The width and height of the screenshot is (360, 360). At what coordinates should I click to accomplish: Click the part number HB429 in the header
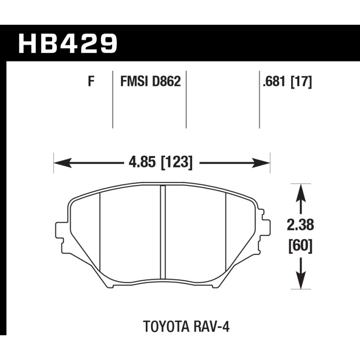click(x=67, y=43)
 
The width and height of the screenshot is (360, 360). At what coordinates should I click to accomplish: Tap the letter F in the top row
click(x=91, y=82)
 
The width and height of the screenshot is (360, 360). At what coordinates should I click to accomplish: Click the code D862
click(x=166, y=82)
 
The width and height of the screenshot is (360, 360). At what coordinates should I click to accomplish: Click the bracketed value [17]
click(x=301, y=82)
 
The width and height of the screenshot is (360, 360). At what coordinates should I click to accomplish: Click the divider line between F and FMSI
click(x=112, y=99)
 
